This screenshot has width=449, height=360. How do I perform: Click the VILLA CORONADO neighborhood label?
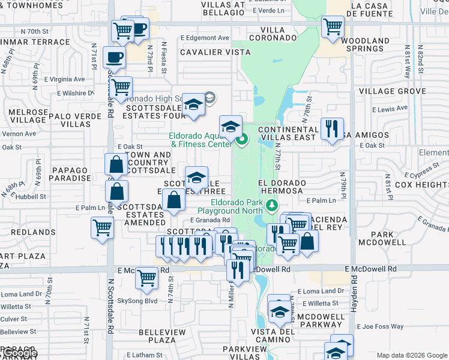[x=279, y=33]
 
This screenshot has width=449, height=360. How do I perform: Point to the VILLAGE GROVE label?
[x=393, y=91]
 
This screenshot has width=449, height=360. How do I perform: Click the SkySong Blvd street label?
[x=137, y=301]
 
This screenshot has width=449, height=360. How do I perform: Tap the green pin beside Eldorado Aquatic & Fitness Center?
[x=242, y=141]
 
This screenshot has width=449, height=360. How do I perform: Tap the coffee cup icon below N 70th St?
[x=114, y=58]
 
